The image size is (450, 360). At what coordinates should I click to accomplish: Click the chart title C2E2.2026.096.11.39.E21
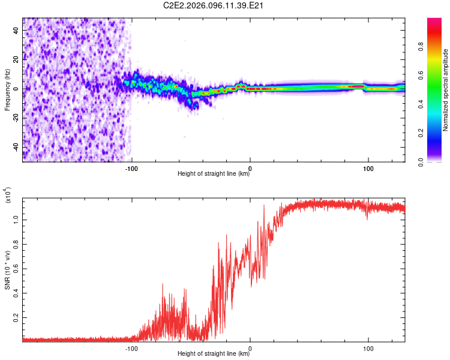coord(225,5)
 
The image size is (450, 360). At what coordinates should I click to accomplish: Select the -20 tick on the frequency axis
coord(16,118)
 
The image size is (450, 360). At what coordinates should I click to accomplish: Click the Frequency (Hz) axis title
coord(7,90)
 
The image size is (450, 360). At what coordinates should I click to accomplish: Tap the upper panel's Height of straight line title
coord(214,174)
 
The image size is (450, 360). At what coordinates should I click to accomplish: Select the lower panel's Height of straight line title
coord(214,354)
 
